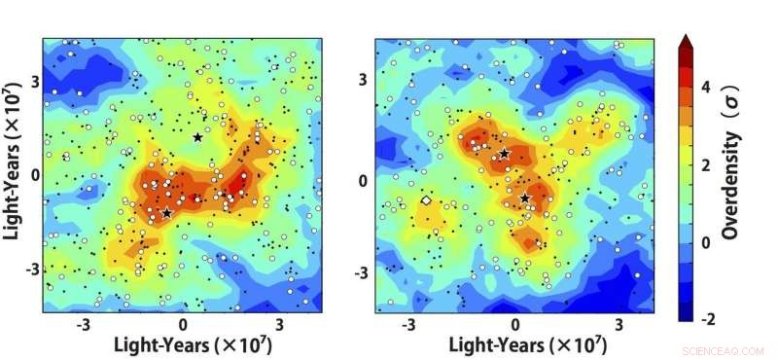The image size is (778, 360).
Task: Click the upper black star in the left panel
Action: tap(197, 137)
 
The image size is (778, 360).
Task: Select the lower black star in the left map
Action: tap(166, 213)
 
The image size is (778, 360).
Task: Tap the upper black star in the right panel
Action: tap(505, 154)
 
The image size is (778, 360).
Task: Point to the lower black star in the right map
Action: tap(524, 198)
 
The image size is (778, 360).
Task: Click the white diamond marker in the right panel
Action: tap(426, 200)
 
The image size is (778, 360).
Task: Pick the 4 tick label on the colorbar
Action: tap(704, 87)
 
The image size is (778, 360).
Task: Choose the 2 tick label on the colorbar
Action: tap(704, 164)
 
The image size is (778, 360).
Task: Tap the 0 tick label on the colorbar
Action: tap(704, 241)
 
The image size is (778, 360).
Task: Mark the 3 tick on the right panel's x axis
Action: tap(619, 323)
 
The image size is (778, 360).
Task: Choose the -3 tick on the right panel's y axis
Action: tap(361, 273)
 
